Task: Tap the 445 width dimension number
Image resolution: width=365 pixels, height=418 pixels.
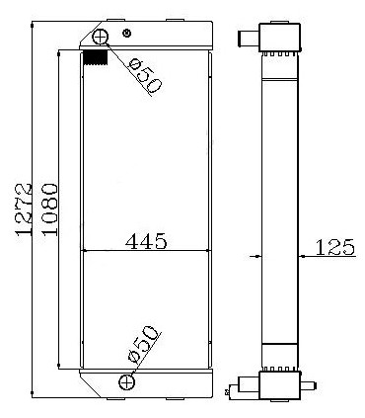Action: point(146,240)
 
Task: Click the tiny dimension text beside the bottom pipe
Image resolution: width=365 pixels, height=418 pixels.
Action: point(229,392)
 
